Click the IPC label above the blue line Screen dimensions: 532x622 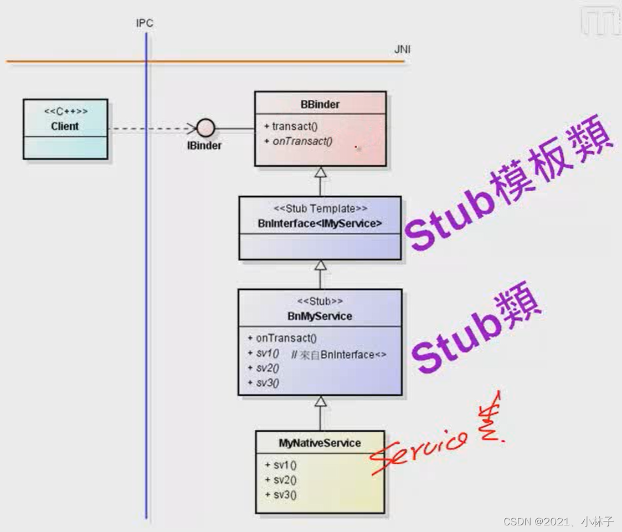pyautogui.click(x=145, y=23)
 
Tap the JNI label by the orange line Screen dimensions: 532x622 pyautogui.click(x=402, y=50)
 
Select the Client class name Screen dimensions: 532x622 pyautogui.click(x=65, y=126)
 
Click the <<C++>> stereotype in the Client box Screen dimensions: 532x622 pyautogui.click(x=65, y=112)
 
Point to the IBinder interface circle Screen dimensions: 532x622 pyautogui.click(x=205, y=129)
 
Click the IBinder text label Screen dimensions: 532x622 pyautogui.click(x=204, y=146)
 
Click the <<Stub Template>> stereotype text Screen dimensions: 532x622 pyautogui.click(x=320, y=209)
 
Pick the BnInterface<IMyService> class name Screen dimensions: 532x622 pyautogui.click(x=320, y=223)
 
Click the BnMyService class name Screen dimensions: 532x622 pyautogui.click(x=320, y=316)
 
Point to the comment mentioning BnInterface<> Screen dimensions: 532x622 pyautogui.click(x=338, y=355)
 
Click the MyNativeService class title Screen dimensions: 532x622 pyautogui.click(x=320, y=443)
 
